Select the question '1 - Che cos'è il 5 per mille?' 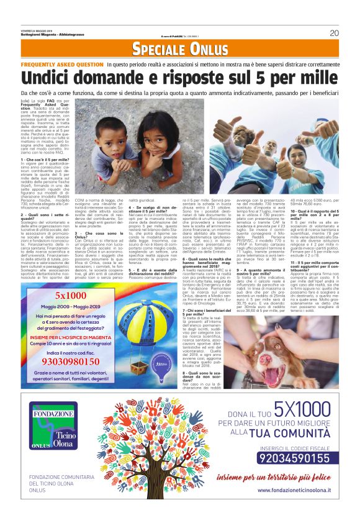tap(43, 160)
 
